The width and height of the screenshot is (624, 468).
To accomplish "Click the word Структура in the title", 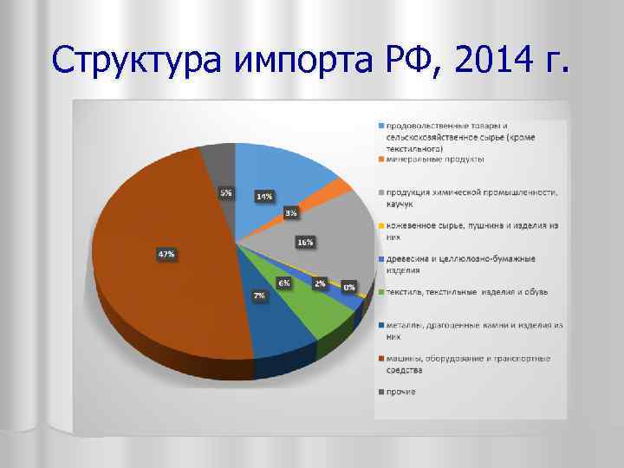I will pyautogui.click(x=139, y=62).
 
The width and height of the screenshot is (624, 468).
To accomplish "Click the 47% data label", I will pyautogui.click(x=165, y=254).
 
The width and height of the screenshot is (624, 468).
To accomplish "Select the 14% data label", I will pyautogui.click(x=264, y=196).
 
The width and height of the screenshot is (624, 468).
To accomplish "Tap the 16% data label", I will pyautogui.click(x=304, y=243).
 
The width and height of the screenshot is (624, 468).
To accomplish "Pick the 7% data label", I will pyautogui.click(x=259, y=296).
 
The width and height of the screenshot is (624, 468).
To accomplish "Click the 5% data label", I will pyautogui.click(x=225, y=192).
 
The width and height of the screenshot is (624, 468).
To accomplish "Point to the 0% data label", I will pyautogui.click(x=348, y=287).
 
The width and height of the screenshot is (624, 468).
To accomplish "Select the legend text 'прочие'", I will pyautogui.click(x=401, y=392).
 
